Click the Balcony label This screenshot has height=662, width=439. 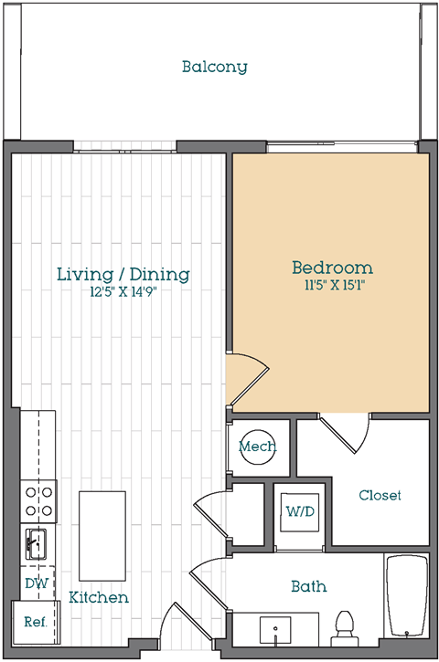tap(214, 67)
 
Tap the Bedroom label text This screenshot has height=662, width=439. tap(332, 268)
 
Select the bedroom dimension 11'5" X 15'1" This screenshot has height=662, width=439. tap(334, 285)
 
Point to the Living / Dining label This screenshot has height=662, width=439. tap(123, 275)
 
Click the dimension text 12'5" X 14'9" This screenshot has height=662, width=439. tap(123, 291)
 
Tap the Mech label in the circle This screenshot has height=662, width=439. tap(257, 447)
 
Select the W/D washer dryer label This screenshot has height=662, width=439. tap(300, 511)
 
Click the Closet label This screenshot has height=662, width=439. tap(380, 495)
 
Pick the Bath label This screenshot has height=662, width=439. tap(309, 586)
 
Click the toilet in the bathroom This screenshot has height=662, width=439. tap(346, 628)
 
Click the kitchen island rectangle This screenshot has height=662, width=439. tap(102, 536)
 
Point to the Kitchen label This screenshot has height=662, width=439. tap(99, 597)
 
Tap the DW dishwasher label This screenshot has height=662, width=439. tap(37, 583)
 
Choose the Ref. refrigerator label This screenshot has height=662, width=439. tap(36, 622)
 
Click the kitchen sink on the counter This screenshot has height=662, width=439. tap(36, 544)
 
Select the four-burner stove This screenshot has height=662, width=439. tap(38, 501)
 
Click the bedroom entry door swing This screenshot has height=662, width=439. tap(248, 380)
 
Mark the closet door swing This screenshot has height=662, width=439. tap(345, 434)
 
